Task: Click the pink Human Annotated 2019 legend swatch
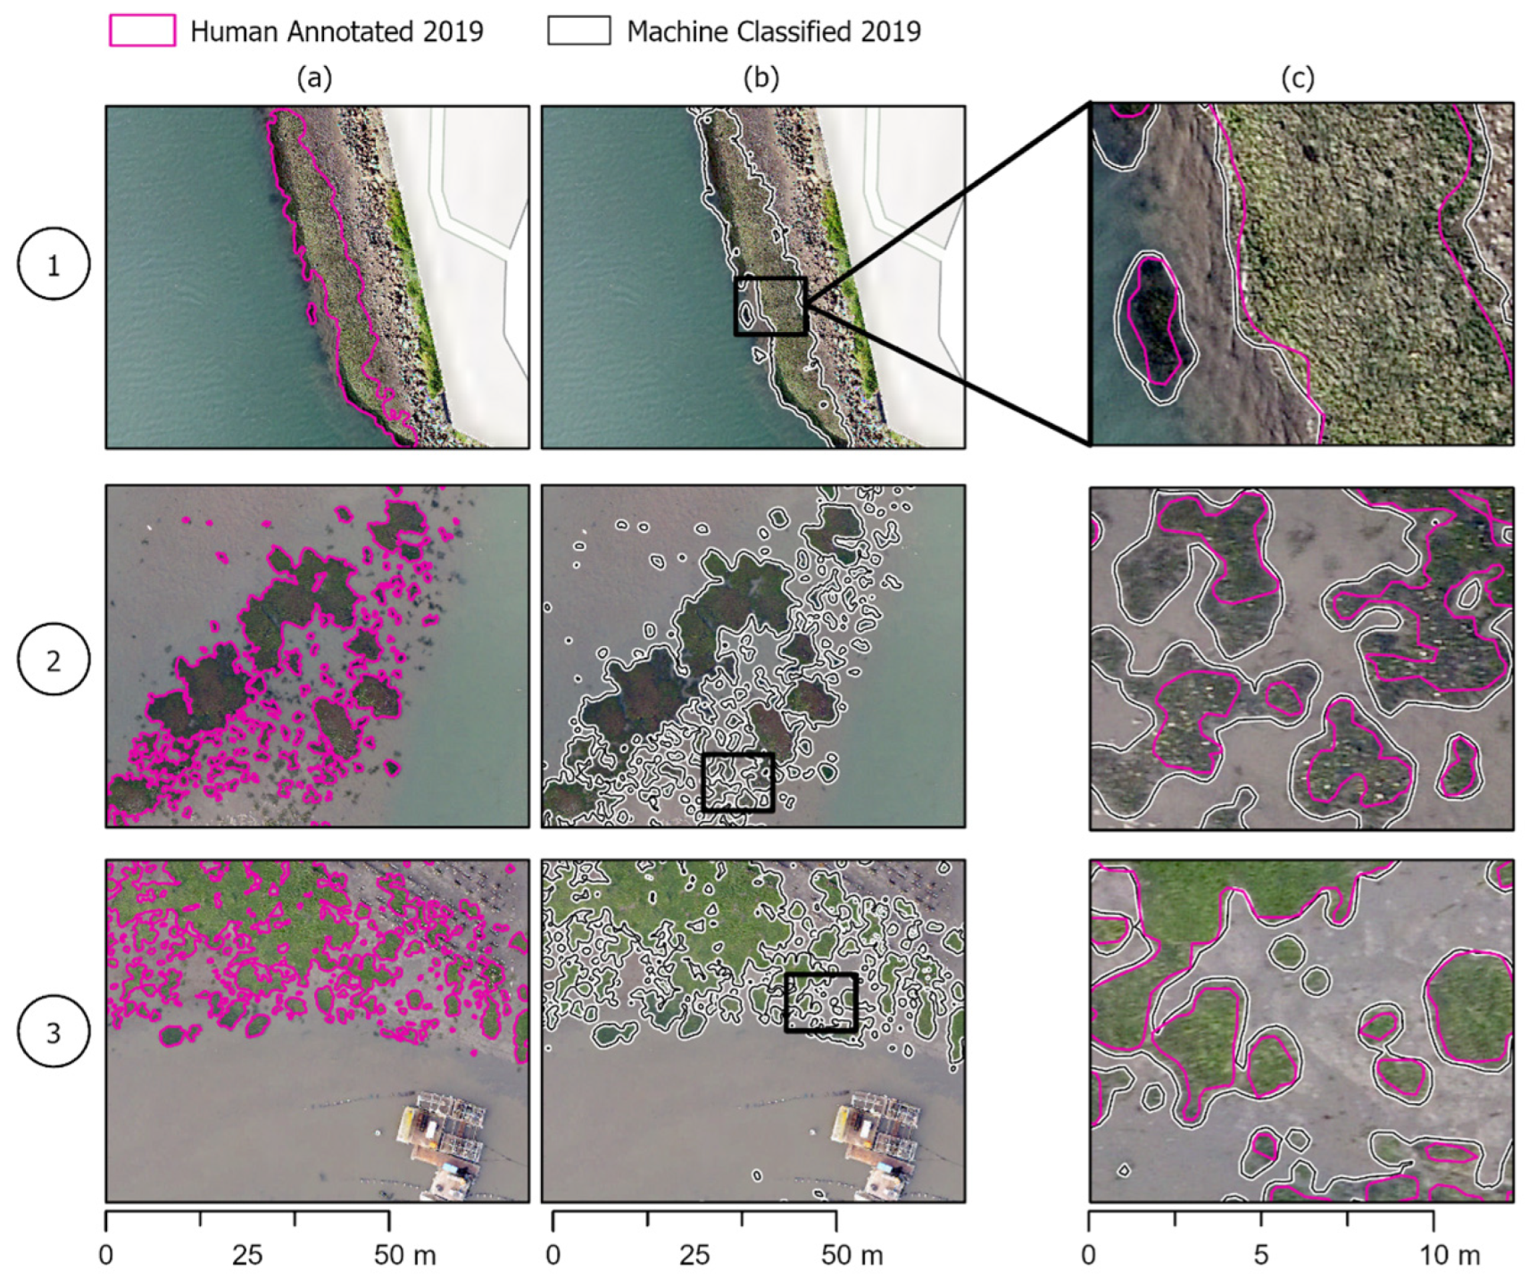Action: point(141,31)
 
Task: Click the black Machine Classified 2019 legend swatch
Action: point(578,31)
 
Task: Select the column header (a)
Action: point(314,79)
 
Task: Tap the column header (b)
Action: point(760,79)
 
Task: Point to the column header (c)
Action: point(1297,79)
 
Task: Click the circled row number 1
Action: point(54,264)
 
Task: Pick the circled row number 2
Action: point(54,660)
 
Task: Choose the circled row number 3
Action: point(54,1032)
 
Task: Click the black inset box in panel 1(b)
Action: point(770,306)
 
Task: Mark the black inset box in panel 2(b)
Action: point(737,782)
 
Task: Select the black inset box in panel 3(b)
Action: point(820,1002)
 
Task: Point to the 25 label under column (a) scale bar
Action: point(247,1256)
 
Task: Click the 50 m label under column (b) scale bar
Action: point(852,1256)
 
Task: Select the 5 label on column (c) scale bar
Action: point(1260,1256)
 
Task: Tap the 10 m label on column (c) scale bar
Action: point(1450,1256)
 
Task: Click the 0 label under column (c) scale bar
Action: point(1088,1256)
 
